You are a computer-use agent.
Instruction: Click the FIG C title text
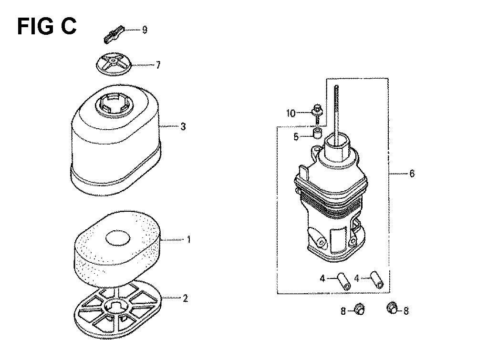click(47, 26)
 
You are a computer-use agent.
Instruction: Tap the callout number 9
click(145, 30)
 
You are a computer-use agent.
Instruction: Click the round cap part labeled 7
click(113, 64)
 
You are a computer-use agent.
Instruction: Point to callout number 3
click(183, 126)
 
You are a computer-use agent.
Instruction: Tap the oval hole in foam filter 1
click(117, 238)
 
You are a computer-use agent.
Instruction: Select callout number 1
click(188, 240)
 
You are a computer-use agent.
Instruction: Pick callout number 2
click(185, 298)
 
